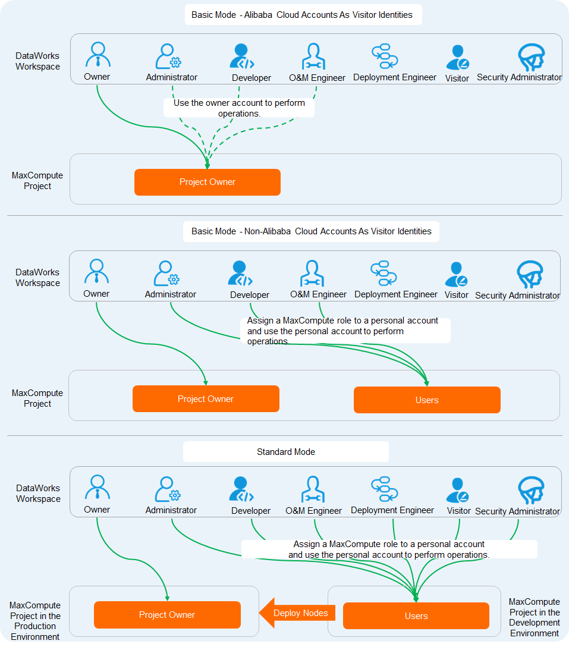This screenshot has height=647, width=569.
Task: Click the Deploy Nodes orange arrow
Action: pos(298,613)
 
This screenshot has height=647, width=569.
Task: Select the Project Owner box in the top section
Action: pos(207,182)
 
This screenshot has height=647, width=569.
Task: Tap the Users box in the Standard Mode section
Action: pos(416,616)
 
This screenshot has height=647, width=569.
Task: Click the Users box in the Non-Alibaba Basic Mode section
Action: pos(427,400)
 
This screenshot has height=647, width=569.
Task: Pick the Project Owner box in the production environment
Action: pos(167,615)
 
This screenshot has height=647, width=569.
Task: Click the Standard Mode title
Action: pos(285,452)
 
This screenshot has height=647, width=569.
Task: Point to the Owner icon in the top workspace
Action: pos(98,55)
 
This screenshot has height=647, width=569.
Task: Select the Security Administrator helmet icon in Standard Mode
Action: pos(530,490)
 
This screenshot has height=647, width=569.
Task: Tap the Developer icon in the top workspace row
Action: pos(242,57)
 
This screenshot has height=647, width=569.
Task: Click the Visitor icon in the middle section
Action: pos(457,274)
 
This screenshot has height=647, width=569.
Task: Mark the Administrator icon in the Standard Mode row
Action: pos(168,489)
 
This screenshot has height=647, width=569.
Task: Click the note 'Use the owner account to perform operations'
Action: pos(239,108)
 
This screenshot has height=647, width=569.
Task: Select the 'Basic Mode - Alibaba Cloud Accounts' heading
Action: pos(302,15)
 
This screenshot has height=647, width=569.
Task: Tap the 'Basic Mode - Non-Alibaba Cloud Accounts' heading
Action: pos(311,231)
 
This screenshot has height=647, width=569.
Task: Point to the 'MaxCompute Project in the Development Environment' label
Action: pos(534,617)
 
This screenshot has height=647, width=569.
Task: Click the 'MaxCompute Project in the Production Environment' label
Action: pos(35,621)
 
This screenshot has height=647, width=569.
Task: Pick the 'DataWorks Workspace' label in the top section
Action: pos(37,61)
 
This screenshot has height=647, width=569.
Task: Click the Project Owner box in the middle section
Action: pos(206,399)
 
